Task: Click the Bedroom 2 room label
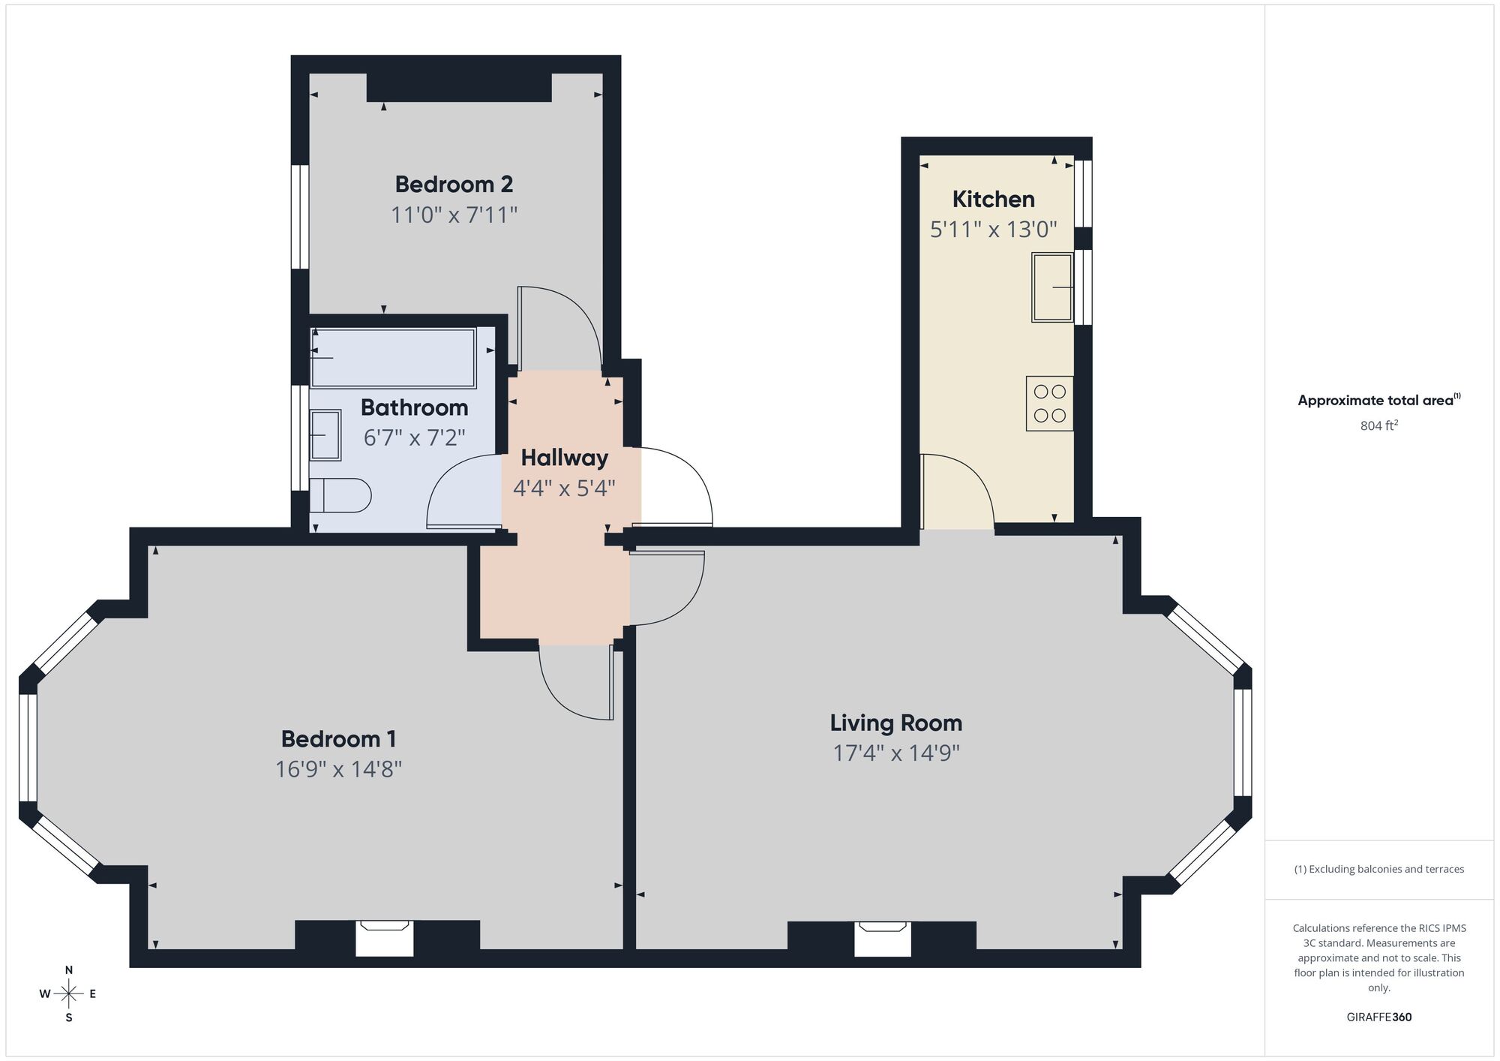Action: [x=454, y=184]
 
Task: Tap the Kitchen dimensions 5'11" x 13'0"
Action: [x=993, y=229]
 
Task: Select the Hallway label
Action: [x=564, y=457]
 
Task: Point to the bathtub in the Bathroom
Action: [x=394, y=358]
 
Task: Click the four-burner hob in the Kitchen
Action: [x=1049, y=403]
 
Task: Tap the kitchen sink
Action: [x=1052, y=287]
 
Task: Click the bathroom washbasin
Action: [x=325, y=434]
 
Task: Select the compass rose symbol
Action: [x=69, y=994]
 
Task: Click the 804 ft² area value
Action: [x=1378, y=425]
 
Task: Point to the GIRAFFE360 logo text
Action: [x=1378, y=1017]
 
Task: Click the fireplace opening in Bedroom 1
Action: [x=384, y=939]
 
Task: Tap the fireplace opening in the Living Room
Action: [x=883, y=939]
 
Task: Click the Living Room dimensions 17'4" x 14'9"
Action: [x=896, y=753]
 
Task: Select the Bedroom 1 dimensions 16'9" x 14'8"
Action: [x=338, y=769]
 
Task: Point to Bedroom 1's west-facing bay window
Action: [x=28, y=747]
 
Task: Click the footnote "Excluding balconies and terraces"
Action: [x=1378, y=869]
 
